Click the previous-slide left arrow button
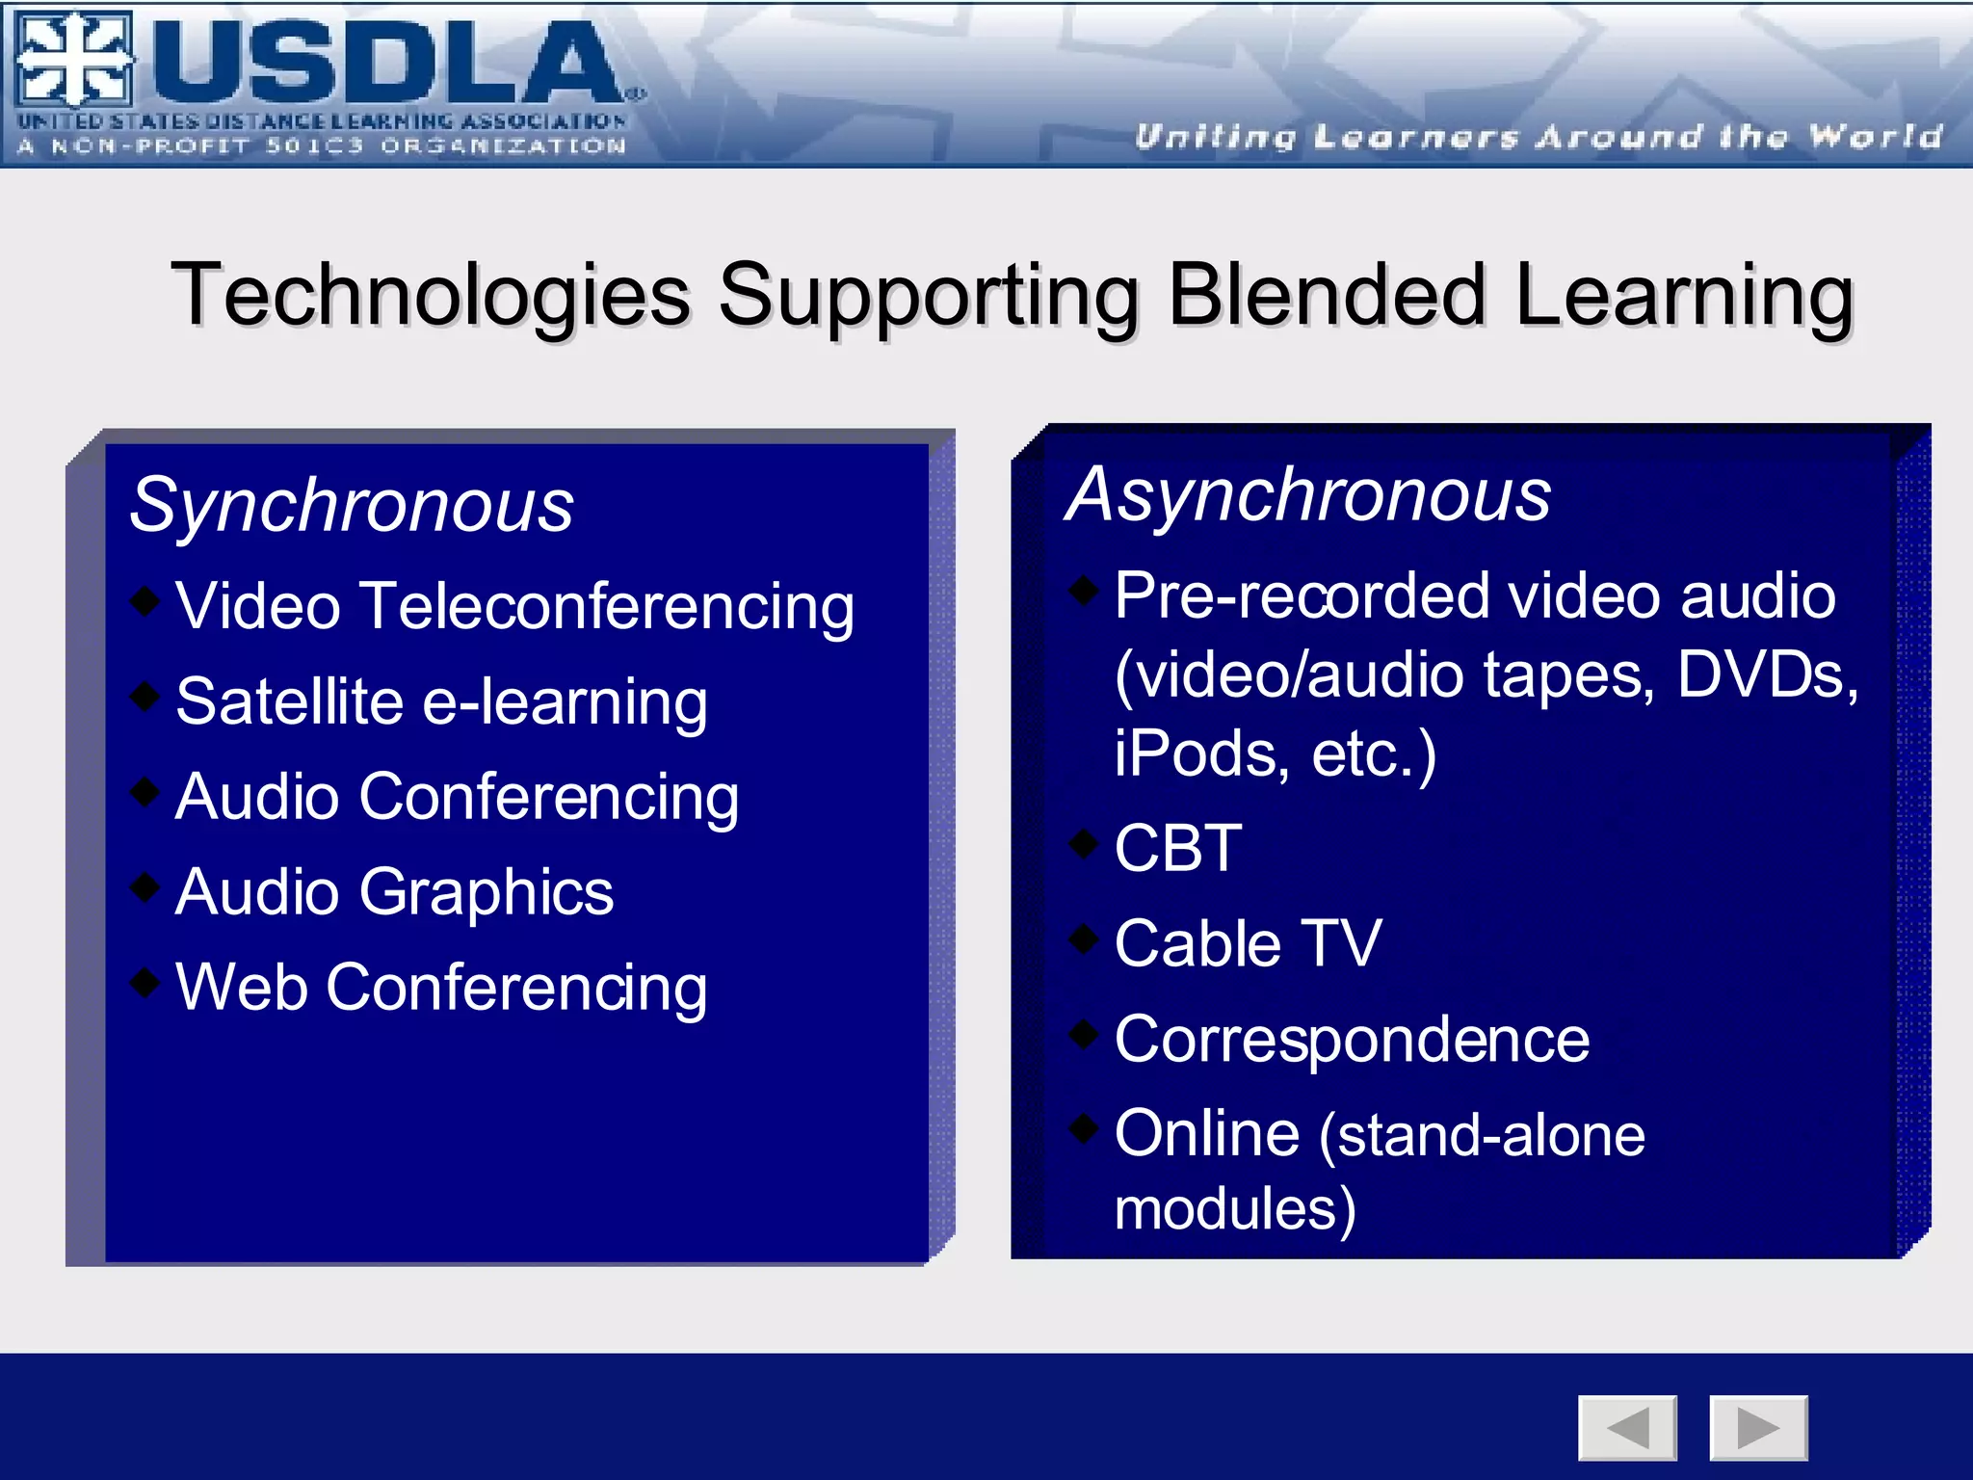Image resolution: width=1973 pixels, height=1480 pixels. [x=1627, y=1427]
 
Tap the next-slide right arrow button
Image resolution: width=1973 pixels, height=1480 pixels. [x=1758, y=1427]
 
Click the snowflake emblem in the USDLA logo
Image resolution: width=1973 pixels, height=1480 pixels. [x=73, y=60]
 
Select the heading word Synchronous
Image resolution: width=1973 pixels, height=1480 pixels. [x=352, y=505]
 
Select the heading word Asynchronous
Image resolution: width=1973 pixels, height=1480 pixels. [x=1307, y=495]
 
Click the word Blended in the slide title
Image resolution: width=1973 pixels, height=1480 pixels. [x=1327, y=295]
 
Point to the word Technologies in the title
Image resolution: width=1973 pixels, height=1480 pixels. [x=431, y=295]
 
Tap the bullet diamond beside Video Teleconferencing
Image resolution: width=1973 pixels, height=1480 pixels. [x=145, y=600]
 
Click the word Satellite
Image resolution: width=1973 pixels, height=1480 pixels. [x=289, y=700]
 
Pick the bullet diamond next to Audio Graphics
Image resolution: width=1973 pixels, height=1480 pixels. [x=145, y=885]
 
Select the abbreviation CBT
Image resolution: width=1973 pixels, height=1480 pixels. [x=1177, y=848]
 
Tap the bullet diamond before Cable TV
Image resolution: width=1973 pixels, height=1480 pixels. [x=1085, y=938]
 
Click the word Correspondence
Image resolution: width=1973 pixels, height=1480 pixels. [x=1352, y=1040]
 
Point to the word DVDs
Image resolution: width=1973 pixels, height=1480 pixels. [x=1767, y=674]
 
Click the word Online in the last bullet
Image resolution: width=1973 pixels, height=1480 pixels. [x=1207, y=1133]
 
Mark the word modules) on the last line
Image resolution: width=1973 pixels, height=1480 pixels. [x=1235, y=1208]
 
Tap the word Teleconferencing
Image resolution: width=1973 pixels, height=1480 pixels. [x=608, y=606]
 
